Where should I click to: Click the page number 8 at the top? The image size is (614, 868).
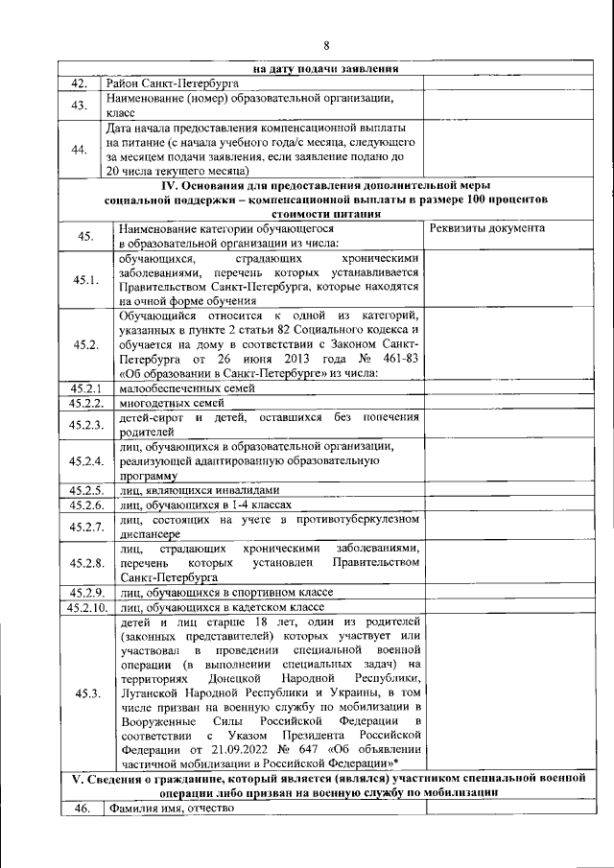tap(325, 46)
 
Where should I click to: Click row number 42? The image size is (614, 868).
tap(80, 83)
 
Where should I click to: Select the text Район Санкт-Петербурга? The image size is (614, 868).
tap(172, 83)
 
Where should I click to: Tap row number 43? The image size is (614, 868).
tap(80, 105)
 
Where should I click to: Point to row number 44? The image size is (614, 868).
tap(80, 148)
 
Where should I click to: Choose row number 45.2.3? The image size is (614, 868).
tap(85, 425)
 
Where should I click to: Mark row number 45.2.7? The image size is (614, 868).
tap(85, 527)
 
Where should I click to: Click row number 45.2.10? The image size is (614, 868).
tap(86, 607)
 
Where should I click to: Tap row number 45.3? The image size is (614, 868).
tap(85, 694)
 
